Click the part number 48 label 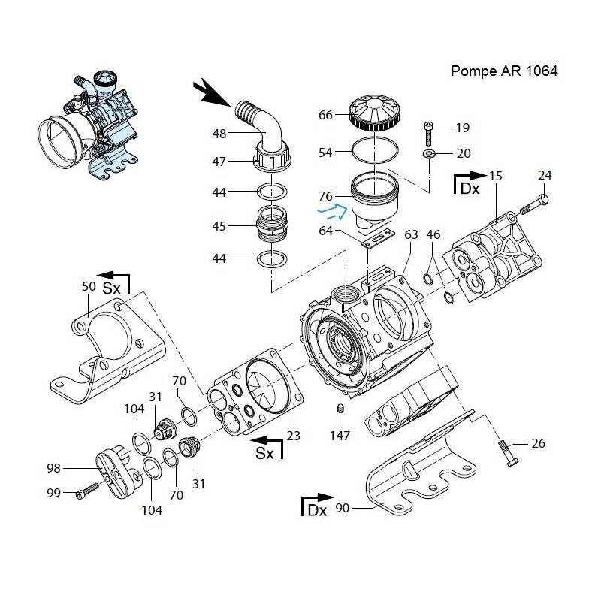coord(219,134)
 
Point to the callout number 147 coord(340,435)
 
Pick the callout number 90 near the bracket coord(342,509)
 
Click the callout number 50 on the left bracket coord(88,286)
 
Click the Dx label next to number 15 coord(470,189)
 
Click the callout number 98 coord(53,468)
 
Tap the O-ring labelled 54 coord(374,153)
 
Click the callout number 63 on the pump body coord(411,235)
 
